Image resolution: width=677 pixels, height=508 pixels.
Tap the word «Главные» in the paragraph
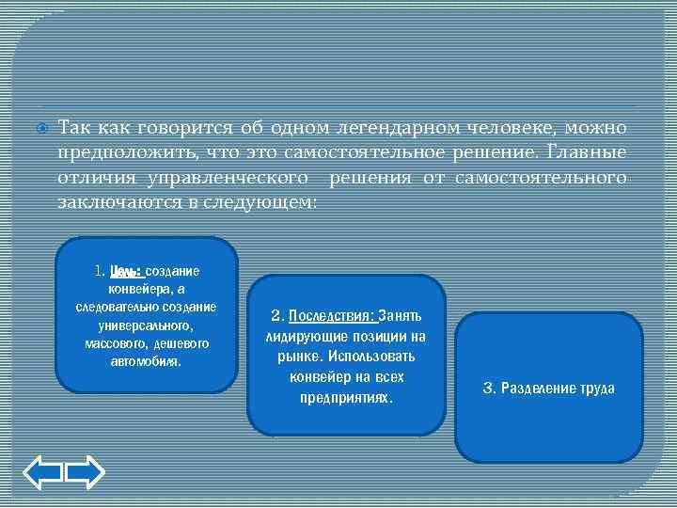pyautogui.click(x=585, y=152)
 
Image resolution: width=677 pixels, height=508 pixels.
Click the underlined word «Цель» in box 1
pyautogui.click(x=125, y=271)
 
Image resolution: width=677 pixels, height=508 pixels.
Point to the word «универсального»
pyautogui.click(x=146, y=325)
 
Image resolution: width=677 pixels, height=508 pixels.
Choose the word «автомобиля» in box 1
pyautogui.click(x=146, y=360)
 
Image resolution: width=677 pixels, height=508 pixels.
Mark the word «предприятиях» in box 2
pyautogui.click(x=345, y=398)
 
